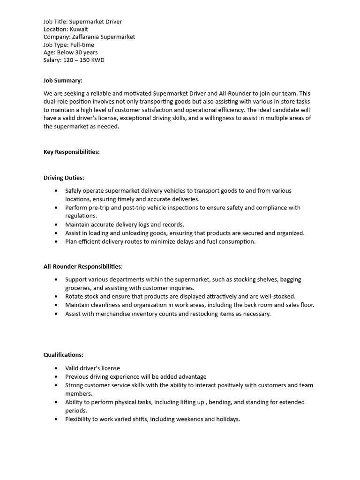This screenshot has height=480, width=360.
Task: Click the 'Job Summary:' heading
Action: click(63, 81)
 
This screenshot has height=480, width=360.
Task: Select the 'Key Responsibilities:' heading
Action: click(71, 152)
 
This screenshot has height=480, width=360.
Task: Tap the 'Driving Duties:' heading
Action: click(64, 178)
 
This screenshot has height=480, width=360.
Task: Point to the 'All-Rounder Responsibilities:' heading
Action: click(83, 266)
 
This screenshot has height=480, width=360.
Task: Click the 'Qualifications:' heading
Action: click(63, 355)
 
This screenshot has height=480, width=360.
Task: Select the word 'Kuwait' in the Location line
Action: click(79, 29)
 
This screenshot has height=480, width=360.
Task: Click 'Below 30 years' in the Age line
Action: click(77, 52)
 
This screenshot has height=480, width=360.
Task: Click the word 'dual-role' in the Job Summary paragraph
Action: click(57, 102)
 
